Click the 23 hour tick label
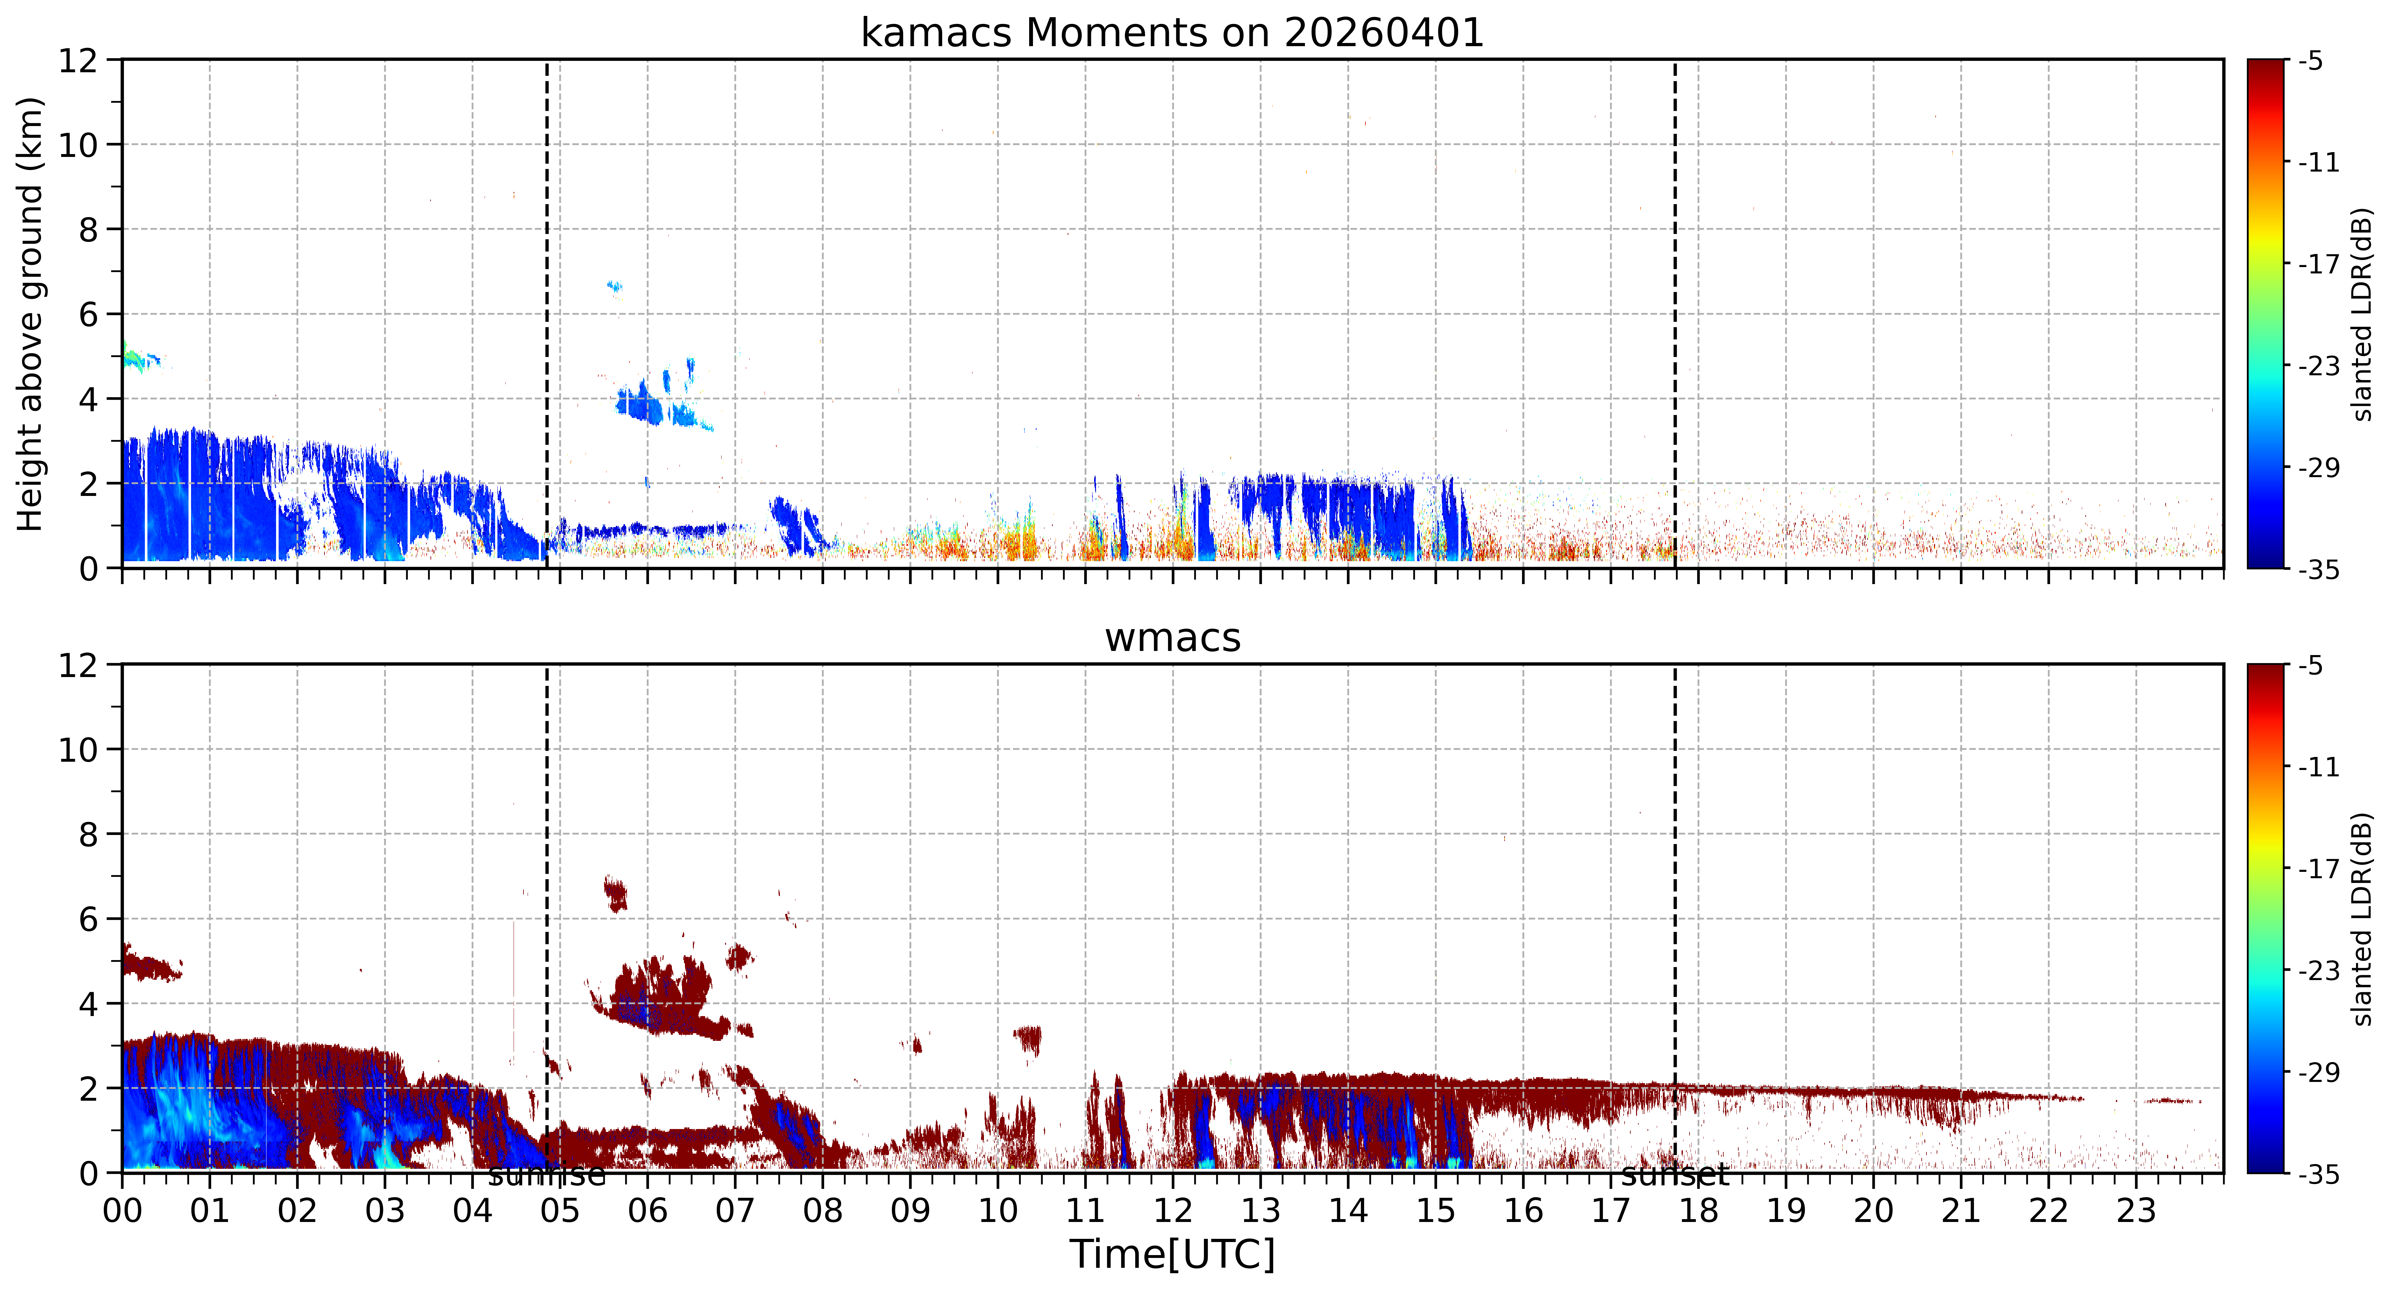click(x=2136, y=1210)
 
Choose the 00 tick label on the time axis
click(x=122, y=1210)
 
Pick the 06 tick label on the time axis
click(x=647, y=1210)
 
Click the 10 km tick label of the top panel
click(x=78, y=145)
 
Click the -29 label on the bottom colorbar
click(x=2319, y=1072)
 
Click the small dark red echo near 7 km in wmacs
click(x=615, y=894)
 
